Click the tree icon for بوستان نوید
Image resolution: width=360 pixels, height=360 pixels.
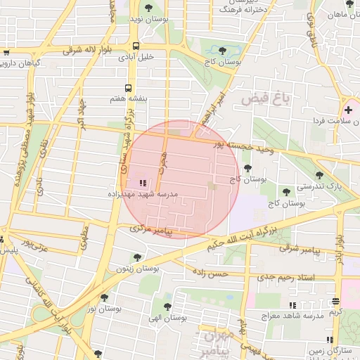pos(148,7)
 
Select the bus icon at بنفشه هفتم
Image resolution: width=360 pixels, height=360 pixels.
pos(128,88)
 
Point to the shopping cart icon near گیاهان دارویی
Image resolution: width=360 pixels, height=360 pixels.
pos(6,52)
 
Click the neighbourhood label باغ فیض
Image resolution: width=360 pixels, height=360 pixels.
pos(265,99)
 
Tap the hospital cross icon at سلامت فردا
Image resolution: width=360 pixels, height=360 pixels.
pos(348,110)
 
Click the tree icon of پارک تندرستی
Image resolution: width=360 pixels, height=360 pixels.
pos(319,175)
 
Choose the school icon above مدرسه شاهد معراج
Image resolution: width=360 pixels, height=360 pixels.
pos(292,305)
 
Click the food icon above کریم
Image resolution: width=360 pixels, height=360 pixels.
pos(335,302)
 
